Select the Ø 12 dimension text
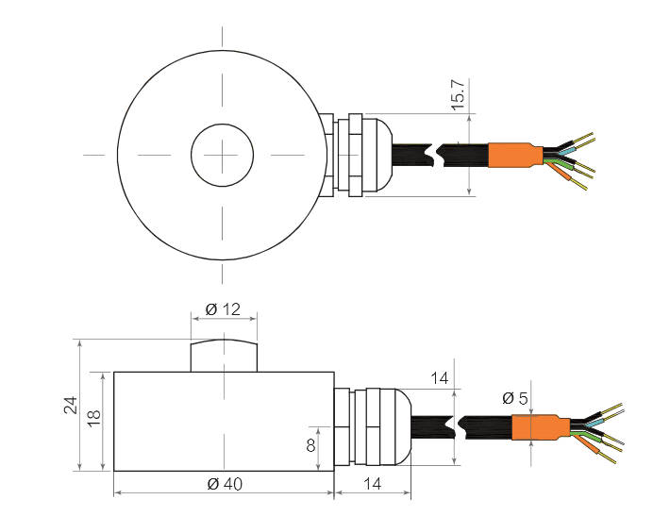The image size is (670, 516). coord(224,308)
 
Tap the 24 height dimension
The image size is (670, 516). coord(69,405)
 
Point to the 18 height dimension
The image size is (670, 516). coord(94,419)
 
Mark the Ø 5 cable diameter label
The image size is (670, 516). coord(515,398)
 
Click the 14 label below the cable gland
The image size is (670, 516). coord(373,484)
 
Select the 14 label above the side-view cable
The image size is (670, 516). coord(439,378)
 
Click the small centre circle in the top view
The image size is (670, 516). coord(223,155)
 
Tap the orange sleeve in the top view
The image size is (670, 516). coord(514,155)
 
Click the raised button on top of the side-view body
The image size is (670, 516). coord(224,355)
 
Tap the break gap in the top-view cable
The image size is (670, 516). coord(433,156)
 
